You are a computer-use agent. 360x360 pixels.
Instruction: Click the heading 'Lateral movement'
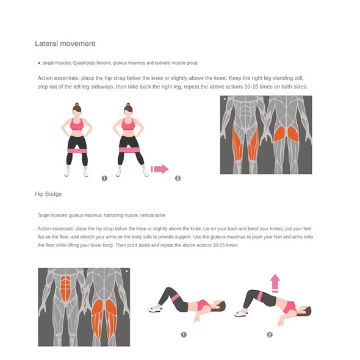point(65,43)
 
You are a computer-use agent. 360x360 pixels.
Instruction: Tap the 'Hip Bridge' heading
point(48,194)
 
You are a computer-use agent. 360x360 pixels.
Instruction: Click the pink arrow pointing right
point(160,169)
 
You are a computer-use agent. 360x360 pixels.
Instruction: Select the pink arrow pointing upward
point(275,283)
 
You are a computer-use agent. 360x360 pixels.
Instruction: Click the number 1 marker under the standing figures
point(104,178)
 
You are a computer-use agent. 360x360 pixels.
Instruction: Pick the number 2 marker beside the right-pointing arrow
point(178,178)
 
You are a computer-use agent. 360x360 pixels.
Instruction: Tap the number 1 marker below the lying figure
point(184,335)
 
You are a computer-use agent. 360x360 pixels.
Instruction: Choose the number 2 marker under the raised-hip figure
point(270,335)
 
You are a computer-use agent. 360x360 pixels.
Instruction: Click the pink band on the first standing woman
point(77,151)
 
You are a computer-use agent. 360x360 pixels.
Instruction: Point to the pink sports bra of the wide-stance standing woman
point(128,124)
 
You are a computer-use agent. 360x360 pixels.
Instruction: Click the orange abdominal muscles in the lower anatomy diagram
point(66,289)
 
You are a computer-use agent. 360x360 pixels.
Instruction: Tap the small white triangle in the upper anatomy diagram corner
point(225,99)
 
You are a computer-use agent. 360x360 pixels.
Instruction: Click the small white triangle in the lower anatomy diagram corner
point(126,272)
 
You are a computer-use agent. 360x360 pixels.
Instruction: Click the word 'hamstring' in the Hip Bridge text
point(112,215)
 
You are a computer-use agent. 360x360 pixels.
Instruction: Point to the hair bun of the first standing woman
point(77,104)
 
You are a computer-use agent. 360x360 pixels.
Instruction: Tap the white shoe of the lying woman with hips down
point(155,309)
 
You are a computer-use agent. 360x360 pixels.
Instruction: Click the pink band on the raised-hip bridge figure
point(260,296)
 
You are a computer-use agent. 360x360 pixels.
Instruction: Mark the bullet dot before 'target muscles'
point(39,63)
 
